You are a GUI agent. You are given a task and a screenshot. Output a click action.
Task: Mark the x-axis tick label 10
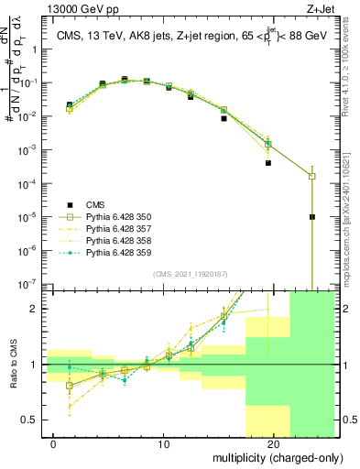163,443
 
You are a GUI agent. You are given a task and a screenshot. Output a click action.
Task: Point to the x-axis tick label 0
53,443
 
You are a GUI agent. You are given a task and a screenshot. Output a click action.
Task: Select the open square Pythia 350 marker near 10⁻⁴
312,176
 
